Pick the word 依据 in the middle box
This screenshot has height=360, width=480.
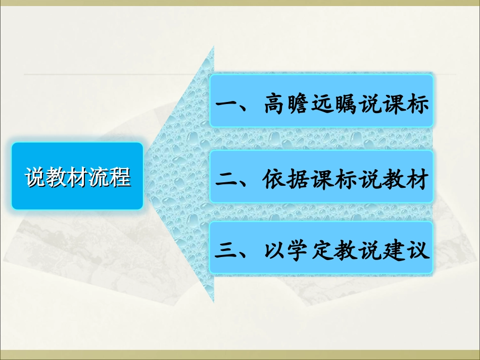(x=286, y=179)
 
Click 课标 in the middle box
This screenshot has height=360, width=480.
(x=334, y=179)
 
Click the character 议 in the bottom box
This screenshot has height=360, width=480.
(x=418, y=251)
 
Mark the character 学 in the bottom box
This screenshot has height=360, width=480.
(x=298, y=251)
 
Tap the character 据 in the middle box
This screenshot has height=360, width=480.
(x=298, y=179)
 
